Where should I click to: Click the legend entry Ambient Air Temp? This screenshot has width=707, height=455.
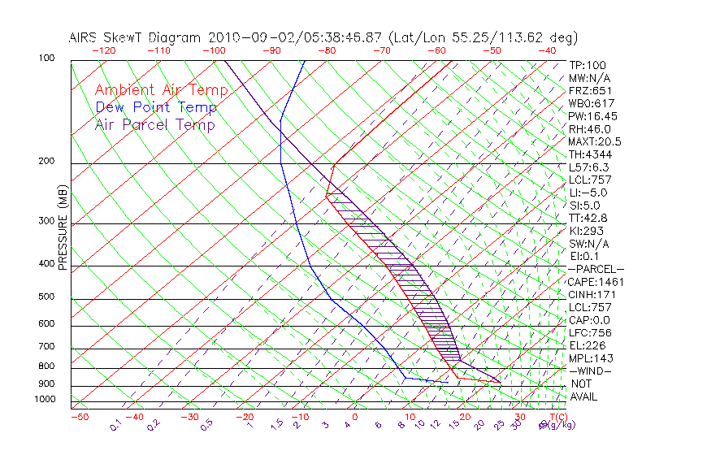point(162,90)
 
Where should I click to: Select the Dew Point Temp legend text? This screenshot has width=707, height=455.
point(156,107)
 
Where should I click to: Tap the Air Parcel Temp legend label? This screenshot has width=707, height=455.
point(155,124)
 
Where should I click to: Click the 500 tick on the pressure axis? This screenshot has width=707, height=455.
point(46,297)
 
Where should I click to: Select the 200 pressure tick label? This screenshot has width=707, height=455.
point(46,162)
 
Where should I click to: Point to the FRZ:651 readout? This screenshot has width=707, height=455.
point(589,91)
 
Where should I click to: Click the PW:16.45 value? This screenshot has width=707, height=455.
point(592,116)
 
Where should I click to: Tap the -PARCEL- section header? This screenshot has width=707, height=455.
point(596,269)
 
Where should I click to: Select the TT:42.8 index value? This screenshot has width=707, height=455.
point(588,219)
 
